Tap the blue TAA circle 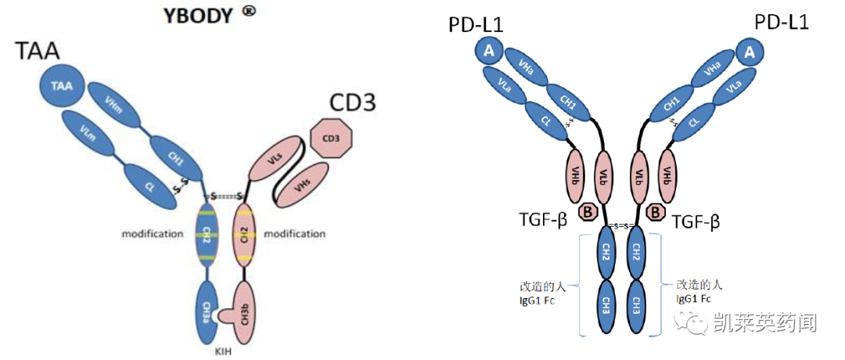tap(62, 87)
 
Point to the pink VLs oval tap(275, 160)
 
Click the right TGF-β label tap(696, 222)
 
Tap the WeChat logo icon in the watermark tap(693, 319)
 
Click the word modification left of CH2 tap(153, 234)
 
